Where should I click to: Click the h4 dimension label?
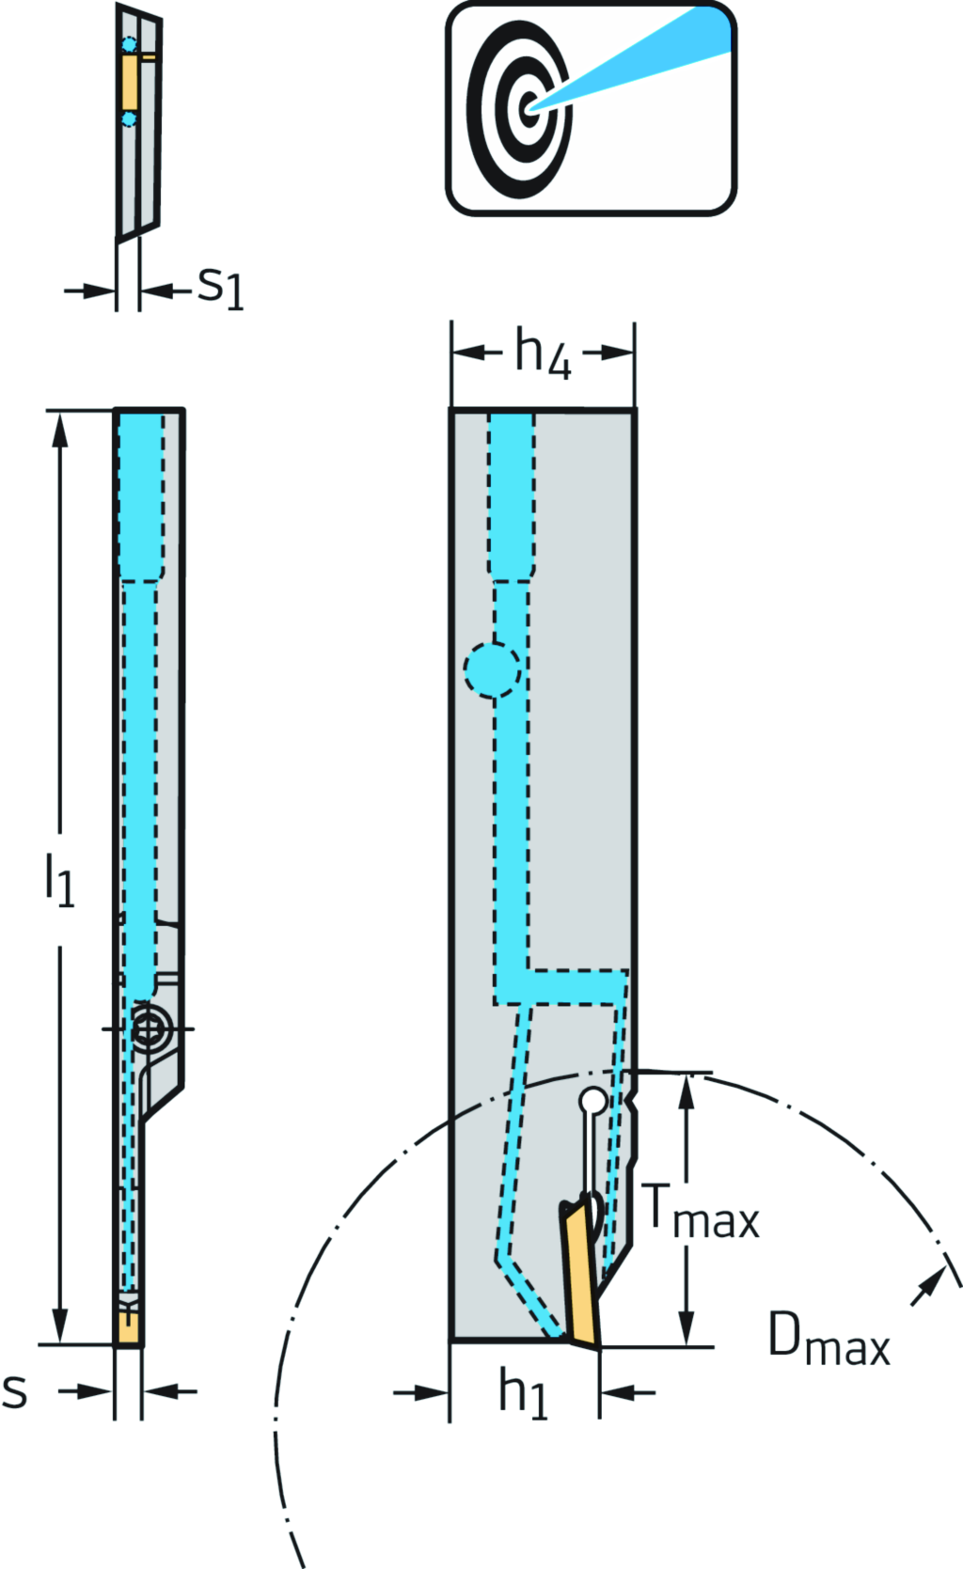(x=543, y=354)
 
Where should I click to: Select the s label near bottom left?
(x=15, y=1390)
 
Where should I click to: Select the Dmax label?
(x=829, y=1340)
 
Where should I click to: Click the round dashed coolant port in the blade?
(x=491, y=669)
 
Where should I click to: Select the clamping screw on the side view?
(x=148, y=1028)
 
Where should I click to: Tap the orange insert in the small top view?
(x=129, y=82)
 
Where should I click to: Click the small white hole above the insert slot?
(x=592, y=1099)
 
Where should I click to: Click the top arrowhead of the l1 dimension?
(x=60, y=428)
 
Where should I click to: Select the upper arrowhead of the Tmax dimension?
(x=687, y=1090)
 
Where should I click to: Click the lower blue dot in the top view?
(x=129, y=119)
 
